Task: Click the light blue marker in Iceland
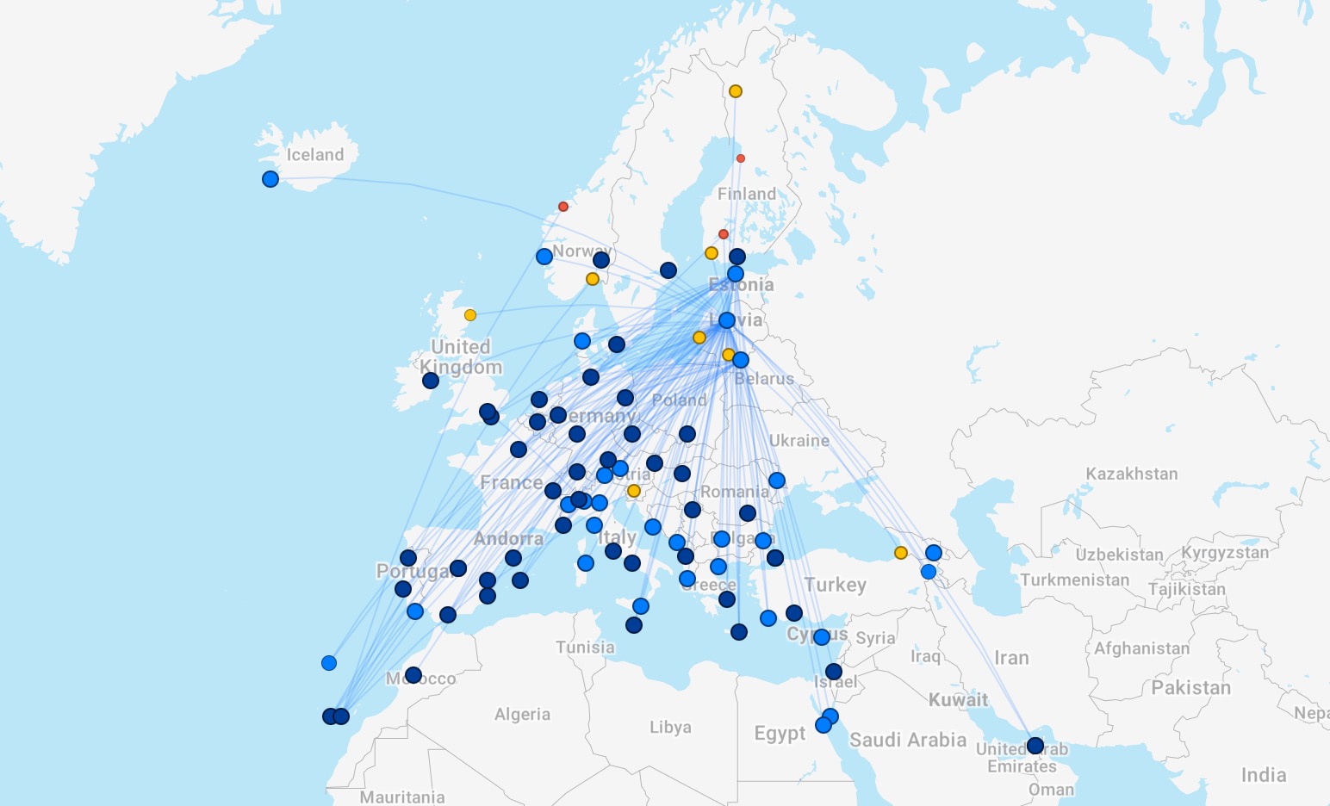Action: [x=270, y=179]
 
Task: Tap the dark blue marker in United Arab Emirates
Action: [x=1035, y=746]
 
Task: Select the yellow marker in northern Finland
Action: [x=736, y=91]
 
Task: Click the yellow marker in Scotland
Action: [x=470, y=315]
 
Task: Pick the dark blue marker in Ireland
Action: [x=431, y=381]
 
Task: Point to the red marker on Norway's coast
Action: [x=563, y=207]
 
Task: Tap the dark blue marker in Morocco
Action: [x=413, y=675]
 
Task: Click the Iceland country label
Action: [x=315, y=155]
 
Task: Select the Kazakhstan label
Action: [x=1131, y=474]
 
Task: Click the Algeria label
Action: [x=522, y=714]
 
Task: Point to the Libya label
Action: [x=670, y=727]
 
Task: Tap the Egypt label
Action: [x=780, y=733]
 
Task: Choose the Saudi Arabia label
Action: [x=908, y=740]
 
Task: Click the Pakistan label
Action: [x=1191, y=687]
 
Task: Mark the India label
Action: [x=1264, y=775]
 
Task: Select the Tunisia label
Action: [x=585, y=647]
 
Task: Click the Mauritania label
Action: [x=402, y=797]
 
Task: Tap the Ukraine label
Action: [x=799, y=440]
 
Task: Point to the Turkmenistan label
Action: [x=1075, y=580]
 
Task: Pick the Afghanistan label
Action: [x=1142, y=648]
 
